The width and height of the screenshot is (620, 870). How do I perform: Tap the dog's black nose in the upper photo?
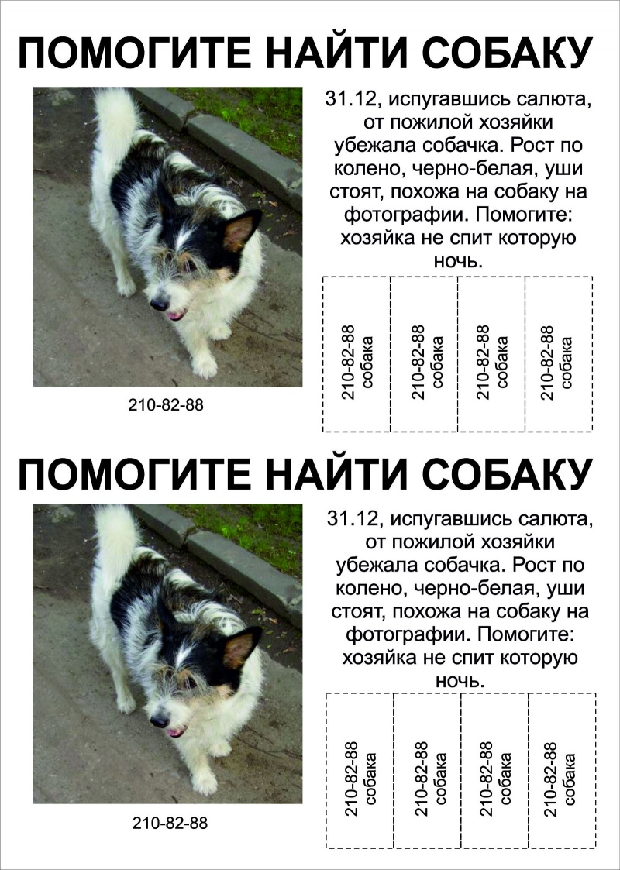pyautogui.click(x=158, y=302)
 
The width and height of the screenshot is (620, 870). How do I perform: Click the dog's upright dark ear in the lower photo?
pyautogui.click(x=242, y=648)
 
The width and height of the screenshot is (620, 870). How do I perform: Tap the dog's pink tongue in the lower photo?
pyautogui.click(x=177, y=732)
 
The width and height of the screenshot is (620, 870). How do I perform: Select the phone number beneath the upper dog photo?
pyautogui.click(x=166, y=404)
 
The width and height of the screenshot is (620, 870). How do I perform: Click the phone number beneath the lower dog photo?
pyautogui.click(x=170, y=823)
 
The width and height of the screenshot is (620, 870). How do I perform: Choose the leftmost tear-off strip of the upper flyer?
pyautogui.click(x=356, y=354)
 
